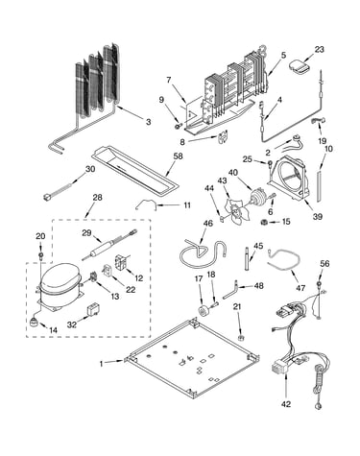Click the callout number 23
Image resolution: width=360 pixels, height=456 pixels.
point(319,50)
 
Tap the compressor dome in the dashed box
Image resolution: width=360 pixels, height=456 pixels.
point(60,277)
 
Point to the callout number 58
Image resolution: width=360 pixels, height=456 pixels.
point(178,156)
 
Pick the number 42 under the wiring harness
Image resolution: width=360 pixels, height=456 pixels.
point(286,404)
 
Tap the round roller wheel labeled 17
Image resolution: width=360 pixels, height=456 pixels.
point(203,311)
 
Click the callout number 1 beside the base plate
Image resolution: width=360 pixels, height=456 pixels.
point(102,364)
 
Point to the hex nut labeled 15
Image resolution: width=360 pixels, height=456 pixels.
point(265,222)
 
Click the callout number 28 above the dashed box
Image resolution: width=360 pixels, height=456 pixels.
point(97,198)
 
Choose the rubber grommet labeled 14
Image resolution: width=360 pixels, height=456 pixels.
point(34,323)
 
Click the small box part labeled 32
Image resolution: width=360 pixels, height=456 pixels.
point(93,310)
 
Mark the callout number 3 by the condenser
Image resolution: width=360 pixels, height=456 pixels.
point(148,122)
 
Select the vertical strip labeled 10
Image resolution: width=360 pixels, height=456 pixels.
point(319,186)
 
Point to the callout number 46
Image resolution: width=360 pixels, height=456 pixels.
point(208,223)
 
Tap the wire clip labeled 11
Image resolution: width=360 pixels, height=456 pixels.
point(146,204)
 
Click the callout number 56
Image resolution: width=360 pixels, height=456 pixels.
point(324,264)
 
